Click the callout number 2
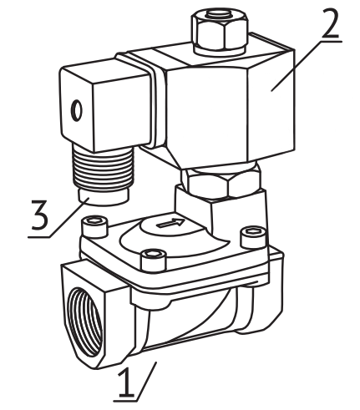330,23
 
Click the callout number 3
39,215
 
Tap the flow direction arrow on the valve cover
170,223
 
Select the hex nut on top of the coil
220,31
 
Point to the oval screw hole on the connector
77,110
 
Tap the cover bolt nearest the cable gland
94,226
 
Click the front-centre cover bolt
154,261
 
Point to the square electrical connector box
106,105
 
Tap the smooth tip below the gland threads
104,196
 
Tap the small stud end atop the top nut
220,13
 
